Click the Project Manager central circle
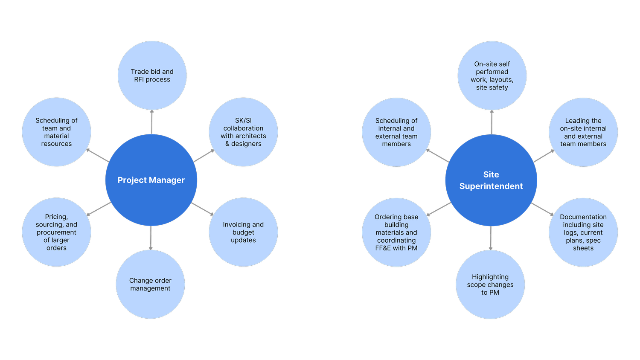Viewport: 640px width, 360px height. [151, 180]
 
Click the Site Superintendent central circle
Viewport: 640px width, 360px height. [491, 180]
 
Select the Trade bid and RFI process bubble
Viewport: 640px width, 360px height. [152, 75]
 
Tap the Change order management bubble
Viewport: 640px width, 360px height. [150, 284]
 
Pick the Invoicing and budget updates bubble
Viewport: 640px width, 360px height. [243, 232]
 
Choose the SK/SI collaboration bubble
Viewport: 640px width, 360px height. [243, 132]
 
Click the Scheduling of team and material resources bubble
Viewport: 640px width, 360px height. [57, 132]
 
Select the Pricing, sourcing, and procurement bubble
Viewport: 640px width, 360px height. [57, 232]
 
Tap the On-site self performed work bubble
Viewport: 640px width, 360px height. [492, 75]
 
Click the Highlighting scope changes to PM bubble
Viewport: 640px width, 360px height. [490, 285]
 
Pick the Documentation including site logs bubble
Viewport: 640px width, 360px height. [583, 232]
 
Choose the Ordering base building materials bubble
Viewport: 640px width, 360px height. [396, 232]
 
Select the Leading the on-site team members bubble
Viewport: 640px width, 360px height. [583, 132]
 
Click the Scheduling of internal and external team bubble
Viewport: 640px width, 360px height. [396, 132]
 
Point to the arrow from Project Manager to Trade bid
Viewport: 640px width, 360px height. [152, 122]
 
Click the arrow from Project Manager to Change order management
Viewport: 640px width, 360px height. [151, 238]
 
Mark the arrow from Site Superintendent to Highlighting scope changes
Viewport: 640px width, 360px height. [491, 238]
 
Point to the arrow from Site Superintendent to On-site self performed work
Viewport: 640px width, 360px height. [492, 122]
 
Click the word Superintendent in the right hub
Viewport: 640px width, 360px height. [491, 186]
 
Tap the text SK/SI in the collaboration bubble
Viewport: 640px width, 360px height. [243, 121]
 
